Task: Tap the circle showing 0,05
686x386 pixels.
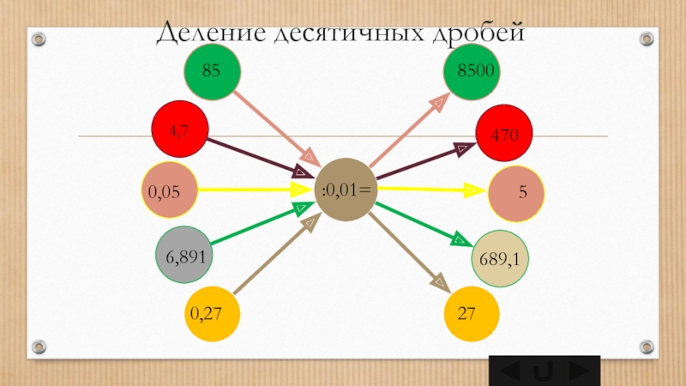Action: [169, 190]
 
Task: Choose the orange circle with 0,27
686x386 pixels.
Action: [212, 315]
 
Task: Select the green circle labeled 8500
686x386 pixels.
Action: [472, 69]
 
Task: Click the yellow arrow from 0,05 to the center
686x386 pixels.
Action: [249, 187]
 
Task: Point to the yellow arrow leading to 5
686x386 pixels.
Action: [429, 189]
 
